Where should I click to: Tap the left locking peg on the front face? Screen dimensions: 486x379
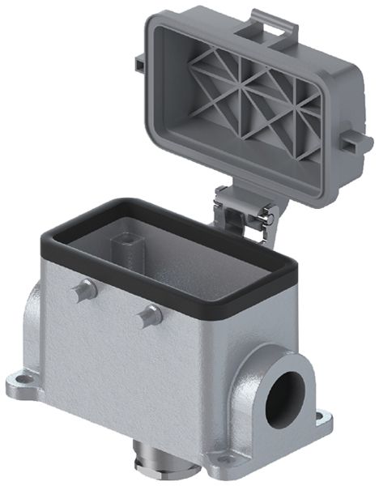79,290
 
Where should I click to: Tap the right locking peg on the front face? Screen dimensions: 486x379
148,316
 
